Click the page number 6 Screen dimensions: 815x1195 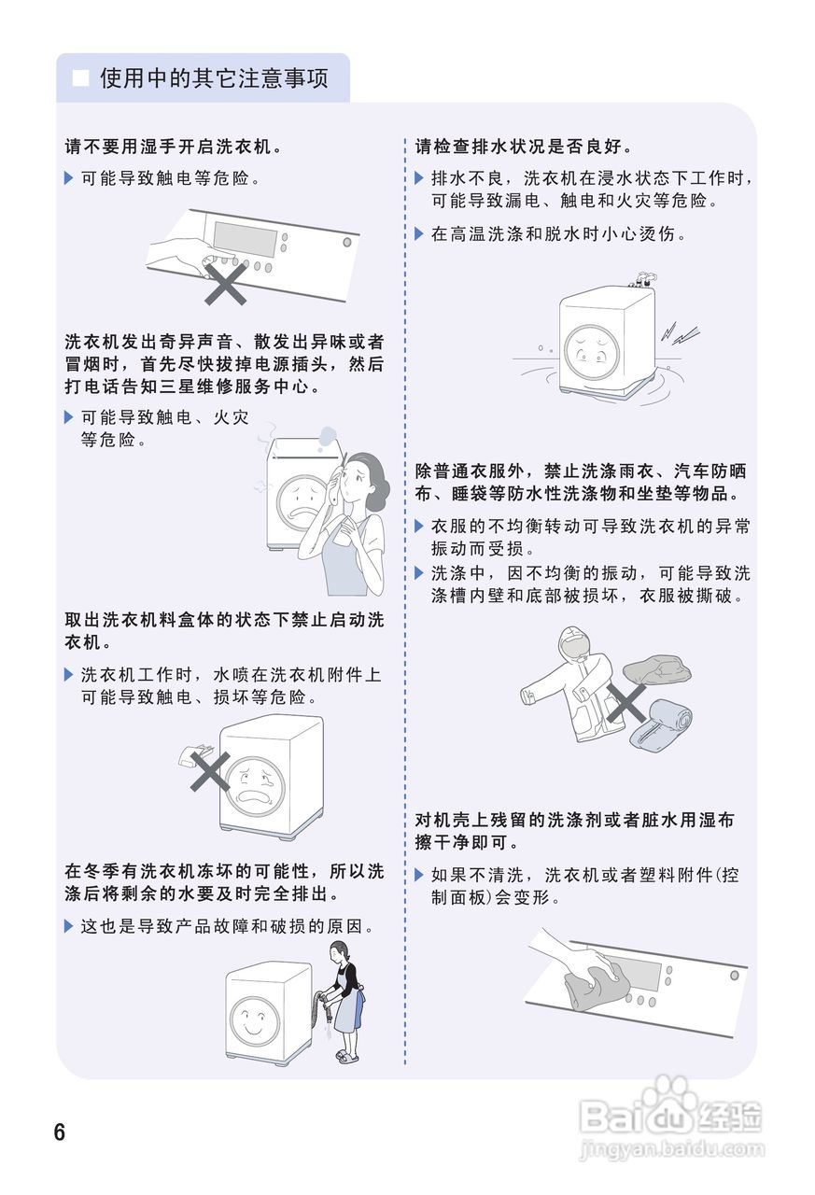(60, 1132)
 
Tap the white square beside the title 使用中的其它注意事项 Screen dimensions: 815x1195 (81, 77)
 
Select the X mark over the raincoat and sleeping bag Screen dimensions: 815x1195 (625, 701)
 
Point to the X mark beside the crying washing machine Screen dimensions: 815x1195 (211, 771)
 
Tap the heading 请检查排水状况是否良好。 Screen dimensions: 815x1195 (525, 147)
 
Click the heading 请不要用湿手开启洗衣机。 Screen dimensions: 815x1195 (174, 147)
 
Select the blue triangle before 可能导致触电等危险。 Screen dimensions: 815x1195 (68, 177)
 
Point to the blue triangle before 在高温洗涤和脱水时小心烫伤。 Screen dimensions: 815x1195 (419, 233)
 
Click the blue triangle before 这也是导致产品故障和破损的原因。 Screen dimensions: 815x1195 (68, 926)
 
